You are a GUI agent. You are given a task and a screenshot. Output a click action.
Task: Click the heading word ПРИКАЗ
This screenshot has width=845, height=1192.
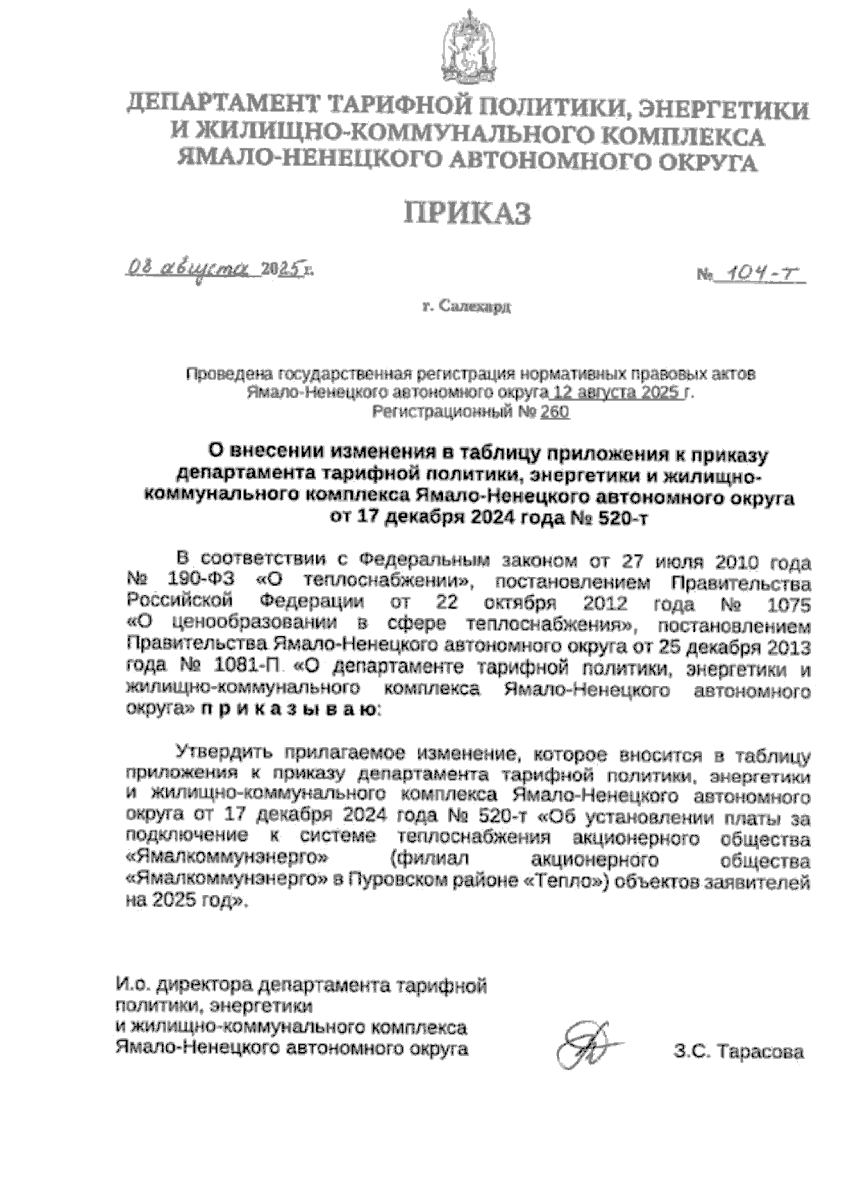point(467,213)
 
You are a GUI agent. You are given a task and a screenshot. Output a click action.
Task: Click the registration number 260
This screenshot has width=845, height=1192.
point(555,412)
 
